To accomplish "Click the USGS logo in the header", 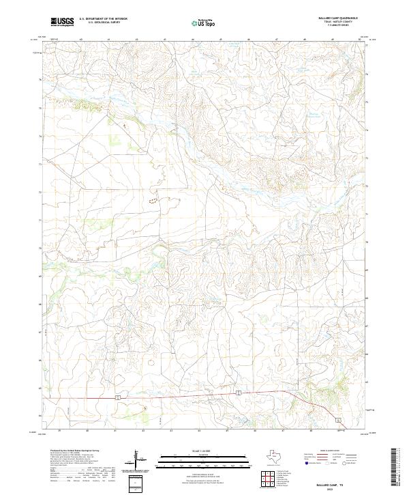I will click(x=63, y=22).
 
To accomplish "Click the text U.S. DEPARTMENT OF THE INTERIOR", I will click(x=104, y=19).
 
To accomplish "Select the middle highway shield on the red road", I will click(x=239, y=393).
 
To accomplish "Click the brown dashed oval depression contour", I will click(x=153, y=201).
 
